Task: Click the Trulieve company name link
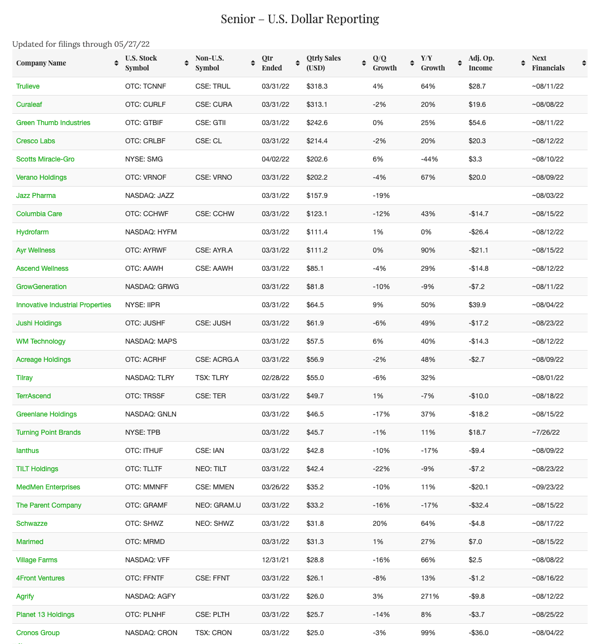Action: pyautogui.click(x=28, y=86)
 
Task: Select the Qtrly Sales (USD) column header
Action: pyautogui.click(x=323, y=63)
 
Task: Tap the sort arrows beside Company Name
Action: pyautogui.click(x=116, y=63)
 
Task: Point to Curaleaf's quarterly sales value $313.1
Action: pyautogui.click(x=317, y=104)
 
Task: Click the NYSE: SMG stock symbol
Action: pyautogui.click(x=144, y=159)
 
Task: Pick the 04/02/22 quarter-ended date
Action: pyautogui.click(x=275, y=159)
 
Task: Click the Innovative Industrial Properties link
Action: pyautogui.click(x=63, y=305)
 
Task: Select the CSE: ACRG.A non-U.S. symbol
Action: pyautogui.click(x=217, y=359)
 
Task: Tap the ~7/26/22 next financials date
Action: pyautogui.click(x=546, y=432)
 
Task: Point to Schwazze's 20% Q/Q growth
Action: pyautogui.click(x=380, y=523)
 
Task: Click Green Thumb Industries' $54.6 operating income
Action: pyautogui.click(x=477, y=123)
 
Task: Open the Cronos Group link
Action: pyautogui.click(x=38, y=633)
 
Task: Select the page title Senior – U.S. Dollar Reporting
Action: pyautogui.click(x=299, y=19)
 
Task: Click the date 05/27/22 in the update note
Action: pyautogui.click(x=132, y=44)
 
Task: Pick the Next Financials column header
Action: pyautogui.click(x=548, y=63)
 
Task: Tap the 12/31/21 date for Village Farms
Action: pyautogui.click(x=275, y=560)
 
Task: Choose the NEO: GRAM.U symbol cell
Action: pyautogui.click(x=218, y=505)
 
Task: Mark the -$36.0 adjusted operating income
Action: pyautogui.click(x=478, y=633)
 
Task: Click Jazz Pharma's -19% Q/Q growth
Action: pyautogui.click(x=381, y=195)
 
